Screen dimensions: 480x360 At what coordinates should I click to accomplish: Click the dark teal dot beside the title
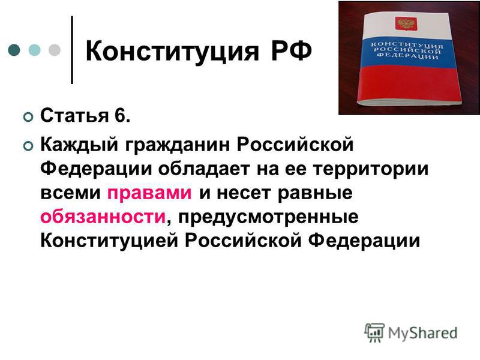click(14, 50)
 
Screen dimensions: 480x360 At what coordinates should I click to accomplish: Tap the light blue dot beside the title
click(35, 50)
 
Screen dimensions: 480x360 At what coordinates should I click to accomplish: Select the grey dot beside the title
click(55, 50)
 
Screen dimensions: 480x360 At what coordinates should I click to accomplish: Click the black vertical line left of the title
click(72, 50)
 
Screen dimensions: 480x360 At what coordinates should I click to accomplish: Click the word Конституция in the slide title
click(172, 51)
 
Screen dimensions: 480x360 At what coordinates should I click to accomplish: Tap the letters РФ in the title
click(291, 50)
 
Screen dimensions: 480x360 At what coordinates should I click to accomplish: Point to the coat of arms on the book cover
click(406, 23)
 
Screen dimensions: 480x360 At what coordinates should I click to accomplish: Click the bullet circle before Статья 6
click(28, 117)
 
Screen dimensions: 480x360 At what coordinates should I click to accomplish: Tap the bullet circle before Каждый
click(28, 146)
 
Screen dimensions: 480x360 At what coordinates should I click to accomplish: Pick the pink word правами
click(149, 193)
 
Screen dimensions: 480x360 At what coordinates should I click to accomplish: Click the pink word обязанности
click(103, 217)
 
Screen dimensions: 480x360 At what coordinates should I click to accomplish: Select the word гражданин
click(177, 145)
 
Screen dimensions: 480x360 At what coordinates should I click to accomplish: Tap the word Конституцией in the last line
click(109, 241)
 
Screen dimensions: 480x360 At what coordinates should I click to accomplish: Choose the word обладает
click(204, 169)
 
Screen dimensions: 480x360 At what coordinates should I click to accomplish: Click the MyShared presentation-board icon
click(374, 332)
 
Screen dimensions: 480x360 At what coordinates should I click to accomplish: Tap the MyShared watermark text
click(422, 333)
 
